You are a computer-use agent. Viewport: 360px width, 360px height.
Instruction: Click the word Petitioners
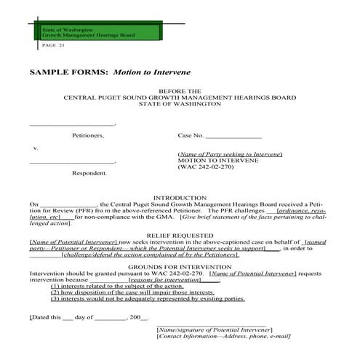(x=88, y=135)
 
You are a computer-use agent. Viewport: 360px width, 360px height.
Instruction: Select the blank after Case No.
(x=233, y=135)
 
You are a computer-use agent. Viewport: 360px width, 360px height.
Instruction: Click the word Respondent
(x=89, y=173)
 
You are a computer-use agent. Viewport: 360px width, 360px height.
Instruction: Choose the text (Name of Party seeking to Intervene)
(x=230, y=155)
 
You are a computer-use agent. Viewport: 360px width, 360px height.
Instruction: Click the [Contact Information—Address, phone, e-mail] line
(x=223, y=336)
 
